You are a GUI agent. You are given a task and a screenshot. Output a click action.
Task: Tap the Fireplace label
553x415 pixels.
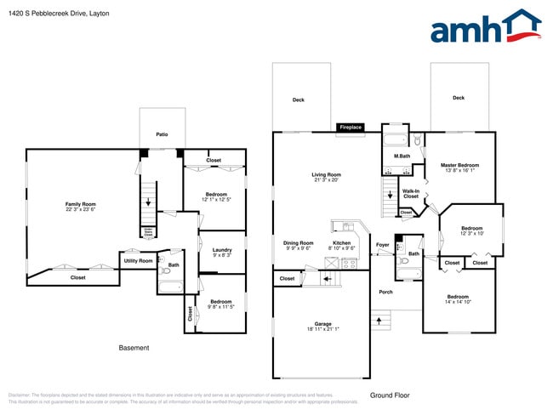pyautogui.click(x=351, y=128)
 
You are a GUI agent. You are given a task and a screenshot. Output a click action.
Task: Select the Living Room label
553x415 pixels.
pyautogui.click(x=327, y=175)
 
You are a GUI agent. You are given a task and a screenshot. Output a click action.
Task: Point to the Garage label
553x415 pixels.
pyautogui.click(x=322, y=324)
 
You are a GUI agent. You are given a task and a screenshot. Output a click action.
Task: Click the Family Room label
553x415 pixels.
pyautogui.click(x=81, y=204)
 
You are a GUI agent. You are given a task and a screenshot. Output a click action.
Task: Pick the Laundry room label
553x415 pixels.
pyautogui.click(x=221, y=249)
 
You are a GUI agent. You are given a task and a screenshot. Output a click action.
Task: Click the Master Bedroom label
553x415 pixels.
pyautogui.click(x=459, y=165)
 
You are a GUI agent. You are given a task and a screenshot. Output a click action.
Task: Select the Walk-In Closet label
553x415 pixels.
pyautogui.click(x=410, y=193)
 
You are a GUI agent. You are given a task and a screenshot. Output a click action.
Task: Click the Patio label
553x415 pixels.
pyautogui.click(x=162, y=134)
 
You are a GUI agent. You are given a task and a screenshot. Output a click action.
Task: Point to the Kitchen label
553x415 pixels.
pyautogui.click(x=341, y=243)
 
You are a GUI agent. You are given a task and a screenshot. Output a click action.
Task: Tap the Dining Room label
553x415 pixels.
pyautogui.click(x=298, y=243)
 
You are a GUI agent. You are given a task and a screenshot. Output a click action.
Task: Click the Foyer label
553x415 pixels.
pyautogui.click(x=382, y=245)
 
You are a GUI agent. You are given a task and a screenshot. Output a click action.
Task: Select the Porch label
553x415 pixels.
pyautogui.click(x=386, y=292)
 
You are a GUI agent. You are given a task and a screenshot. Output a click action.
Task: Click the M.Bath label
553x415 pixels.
pyautogui.click(x=402, y=156)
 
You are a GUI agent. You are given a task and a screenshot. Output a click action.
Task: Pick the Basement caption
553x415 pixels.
pyautogui.click(x=134, y=348)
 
